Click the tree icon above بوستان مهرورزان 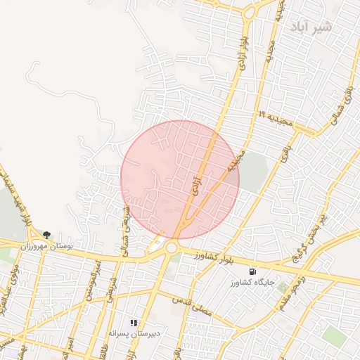[x=46, y=235]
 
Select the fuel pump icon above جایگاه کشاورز [x=252, y=271]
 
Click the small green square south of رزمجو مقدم [x=283, y=287]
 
